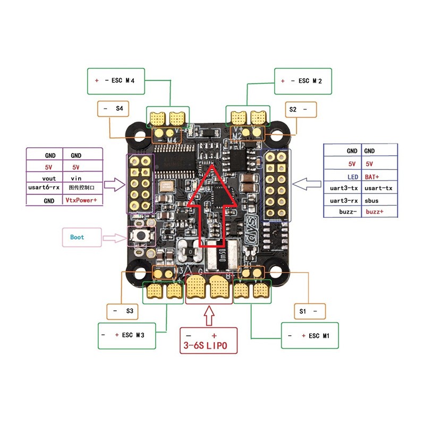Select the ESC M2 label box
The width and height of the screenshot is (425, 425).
pyautogui.click(x=302, y=81)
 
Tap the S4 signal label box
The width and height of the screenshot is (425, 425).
pyautogui.click(x=113, y=109)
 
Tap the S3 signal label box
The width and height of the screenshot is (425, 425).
pyautogui.click(x=123, y=311)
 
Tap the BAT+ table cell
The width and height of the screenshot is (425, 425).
pyautogui.click(x=379, y=176)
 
